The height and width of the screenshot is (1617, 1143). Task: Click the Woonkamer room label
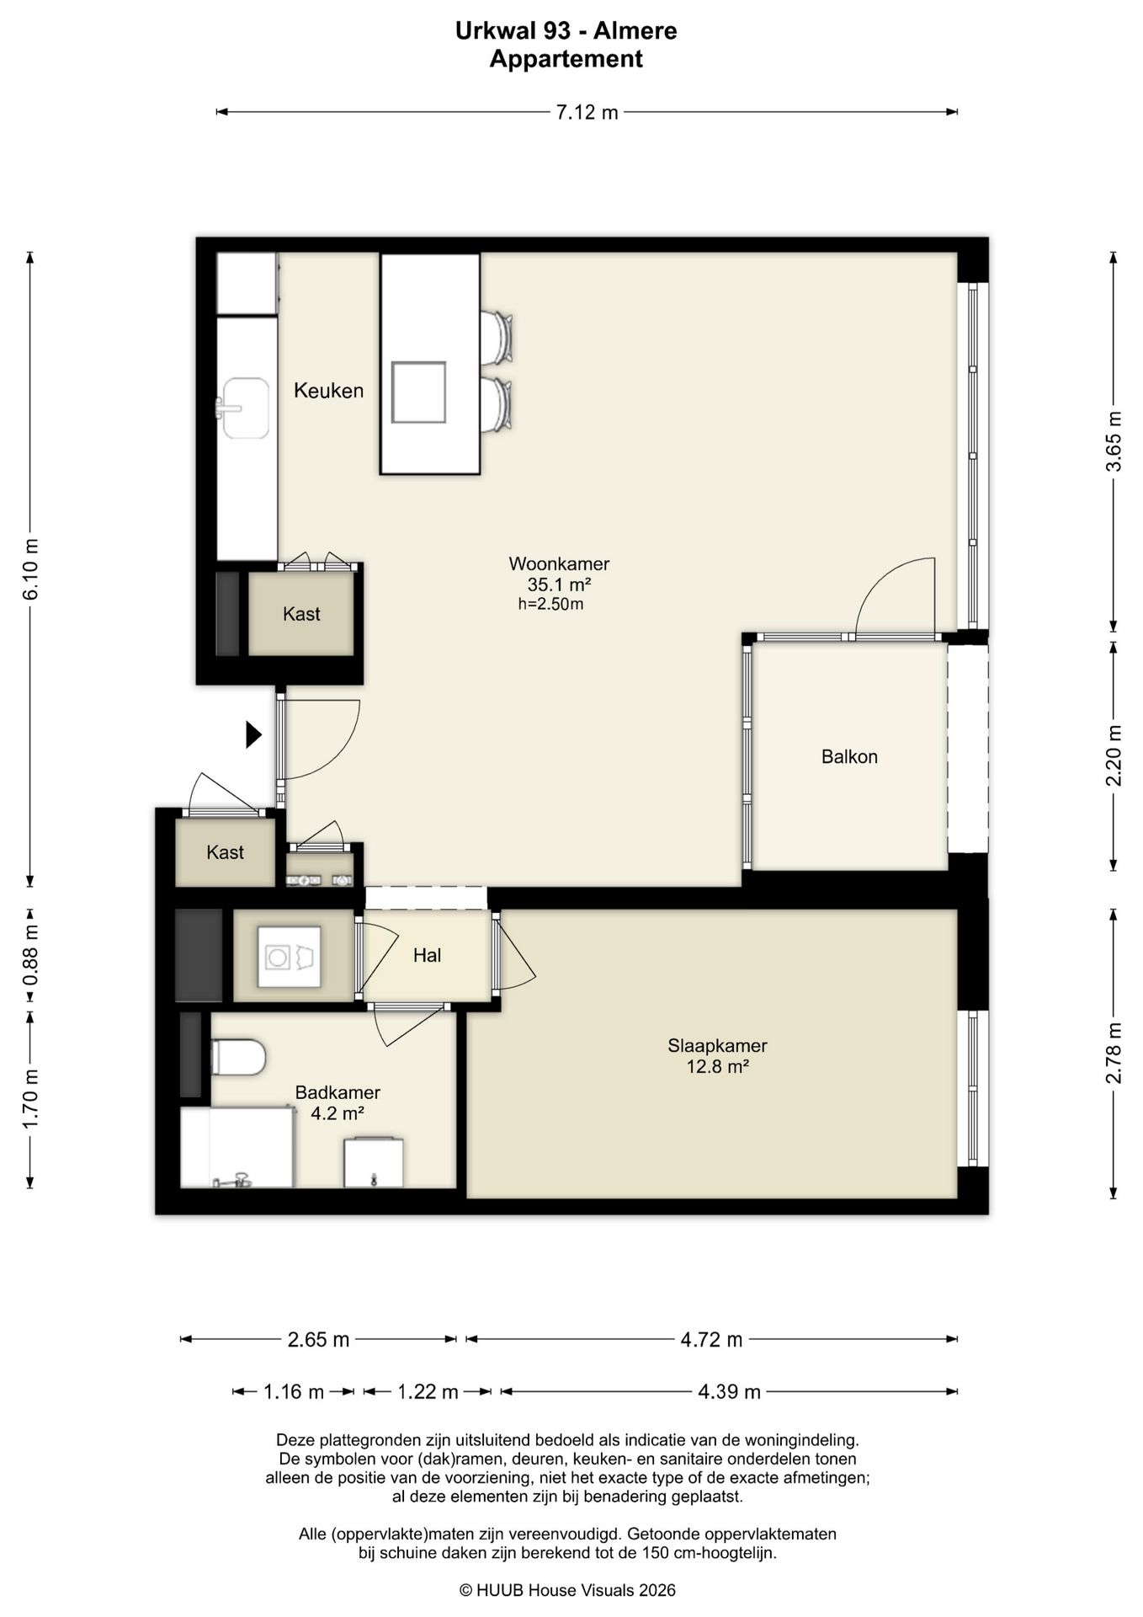click(559, 563)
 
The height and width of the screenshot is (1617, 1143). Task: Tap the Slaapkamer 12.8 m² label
click(717, 1056)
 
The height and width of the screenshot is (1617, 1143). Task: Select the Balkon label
click(849, 756)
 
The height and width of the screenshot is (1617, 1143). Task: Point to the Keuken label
click(328, 391)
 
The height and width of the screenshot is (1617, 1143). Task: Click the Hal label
click(428, 955)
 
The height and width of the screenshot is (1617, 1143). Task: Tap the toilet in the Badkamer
click(238, 1057)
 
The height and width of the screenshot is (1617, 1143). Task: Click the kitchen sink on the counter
click(245, 408)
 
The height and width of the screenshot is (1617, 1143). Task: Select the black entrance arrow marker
click(253, 734)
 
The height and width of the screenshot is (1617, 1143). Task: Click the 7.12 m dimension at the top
click(587, 112)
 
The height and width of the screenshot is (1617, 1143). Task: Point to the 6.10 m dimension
click(30, 569)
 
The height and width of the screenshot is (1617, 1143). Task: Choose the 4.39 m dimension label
click(729, 1392)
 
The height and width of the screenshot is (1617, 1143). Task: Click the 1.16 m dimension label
click(294, 1392)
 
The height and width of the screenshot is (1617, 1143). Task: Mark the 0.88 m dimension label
click(30, 955)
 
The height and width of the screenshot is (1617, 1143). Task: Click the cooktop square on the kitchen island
click(419, 392)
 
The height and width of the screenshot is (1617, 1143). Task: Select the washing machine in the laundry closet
click(289, 957)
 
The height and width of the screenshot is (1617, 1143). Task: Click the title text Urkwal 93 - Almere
click(566, 31)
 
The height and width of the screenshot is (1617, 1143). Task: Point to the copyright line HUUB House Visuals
click(567, 1590)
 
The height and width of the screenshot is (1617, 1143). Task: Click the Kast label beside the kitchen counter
click(301, 614)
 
